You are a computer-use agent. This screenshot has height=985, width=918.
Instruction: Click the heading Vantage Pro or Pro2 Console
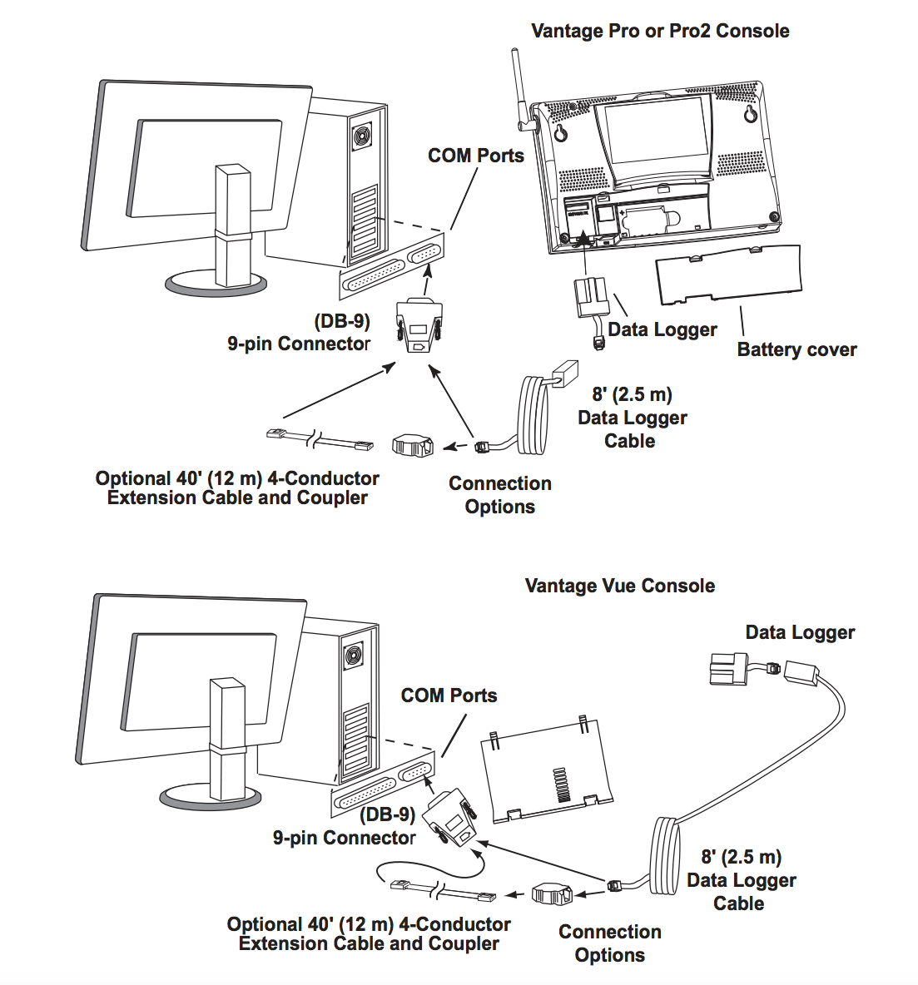click(x=659, y=31)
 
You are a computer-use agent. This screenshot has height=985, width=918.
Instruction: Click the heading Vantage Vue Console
click(x=619, y=586)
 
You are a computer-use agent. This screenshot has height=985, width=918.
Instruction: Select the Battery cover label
click(x=796, y=349)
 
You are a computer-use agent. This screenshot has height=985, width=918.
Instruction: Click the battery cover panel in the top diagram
click(x=729, y=275)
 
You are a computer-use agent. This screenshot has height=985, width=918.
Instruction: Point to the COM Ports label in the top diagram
click(x=475, y=156)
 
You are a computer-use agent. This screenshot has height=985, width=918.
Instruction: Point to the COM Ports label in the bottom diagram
click(x=449, y=695)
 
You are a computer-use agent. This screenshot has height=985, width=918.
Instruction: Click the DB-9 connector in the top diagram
click(x=419, y=325)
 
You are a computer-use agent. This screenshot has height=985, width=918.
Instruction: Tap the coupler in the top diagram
click(x=413, y=444)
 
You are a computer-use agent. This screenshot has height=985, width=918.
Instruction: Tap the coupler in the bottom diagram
click(x=552, y=894)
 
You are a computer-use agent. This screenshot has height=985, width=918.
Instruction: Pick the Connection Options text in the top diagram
click(x=499, y=495)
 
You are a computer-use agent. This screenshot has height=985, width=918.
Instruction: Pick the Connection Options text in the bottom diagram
click(x=609, y=943)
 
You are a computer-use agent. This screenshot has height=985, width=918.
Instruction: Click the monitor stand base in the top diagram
click(x=216, y=284)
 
